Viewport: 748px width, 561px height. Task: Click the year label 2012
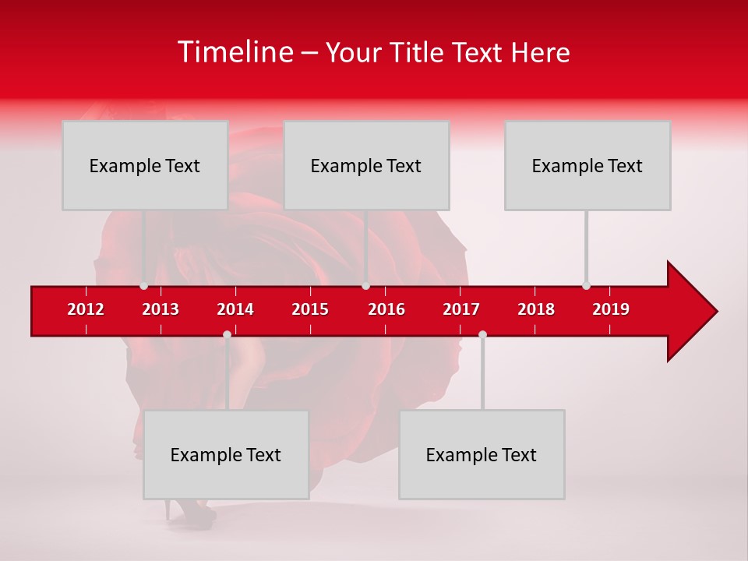[86, 309]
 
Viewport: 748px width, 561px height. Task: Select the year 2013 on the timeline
[161, 309]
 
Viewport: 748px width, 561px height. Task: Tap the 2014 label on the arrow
[235, 309]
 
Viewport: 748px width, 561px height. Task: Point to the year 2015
[310, 309]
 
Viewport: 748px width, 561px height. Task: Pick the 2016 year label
[386, 309]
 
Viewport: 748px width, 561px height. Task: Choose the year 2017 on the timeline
[461, 309]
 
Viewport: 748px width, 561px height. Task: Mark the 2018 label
[536, 309]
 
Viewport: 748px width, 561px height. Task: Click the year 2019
[611, 309]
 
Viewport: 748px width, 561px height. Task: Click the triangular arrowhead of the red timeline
[690, 311]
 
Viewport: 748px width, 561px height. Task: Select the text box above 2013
[145, 165]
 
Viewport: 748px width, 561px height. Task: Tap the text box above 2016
[366, 165]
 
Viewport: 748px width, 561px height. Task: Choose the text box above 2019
[587, 165]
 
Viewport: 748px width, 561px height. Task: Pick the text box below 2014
[226, 454]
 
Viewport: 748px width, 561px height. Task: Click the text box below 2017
[482, 454]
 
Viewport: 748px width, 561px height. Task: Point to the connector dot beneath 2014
[227, 335]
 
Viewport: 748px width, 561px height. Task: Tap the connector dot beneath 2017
[482, 335]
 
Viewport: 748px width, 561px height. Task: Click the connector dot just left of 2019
[586, 285]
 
